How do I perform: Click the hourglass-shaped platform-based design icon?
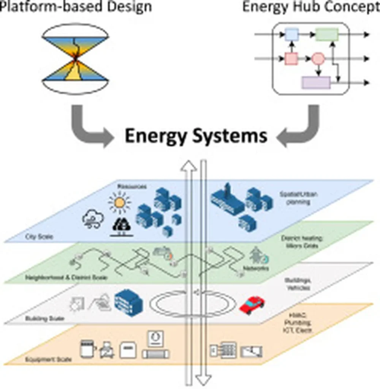pyautogui.click(x=76, y=58)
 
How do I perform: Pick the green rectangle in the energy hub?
pyautogui.click(x=327, y=35)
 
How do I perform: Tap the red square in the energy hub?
pyautogui.click(x=291, y=59)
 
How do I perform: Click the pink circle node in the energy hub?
pyautogui.click(x=318, y=59)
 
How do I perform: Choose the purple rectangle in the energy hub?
pyautogui.click(x=316, y=82)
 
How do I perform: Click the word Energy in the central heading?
pyautogui.click(x=157, y=136)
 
